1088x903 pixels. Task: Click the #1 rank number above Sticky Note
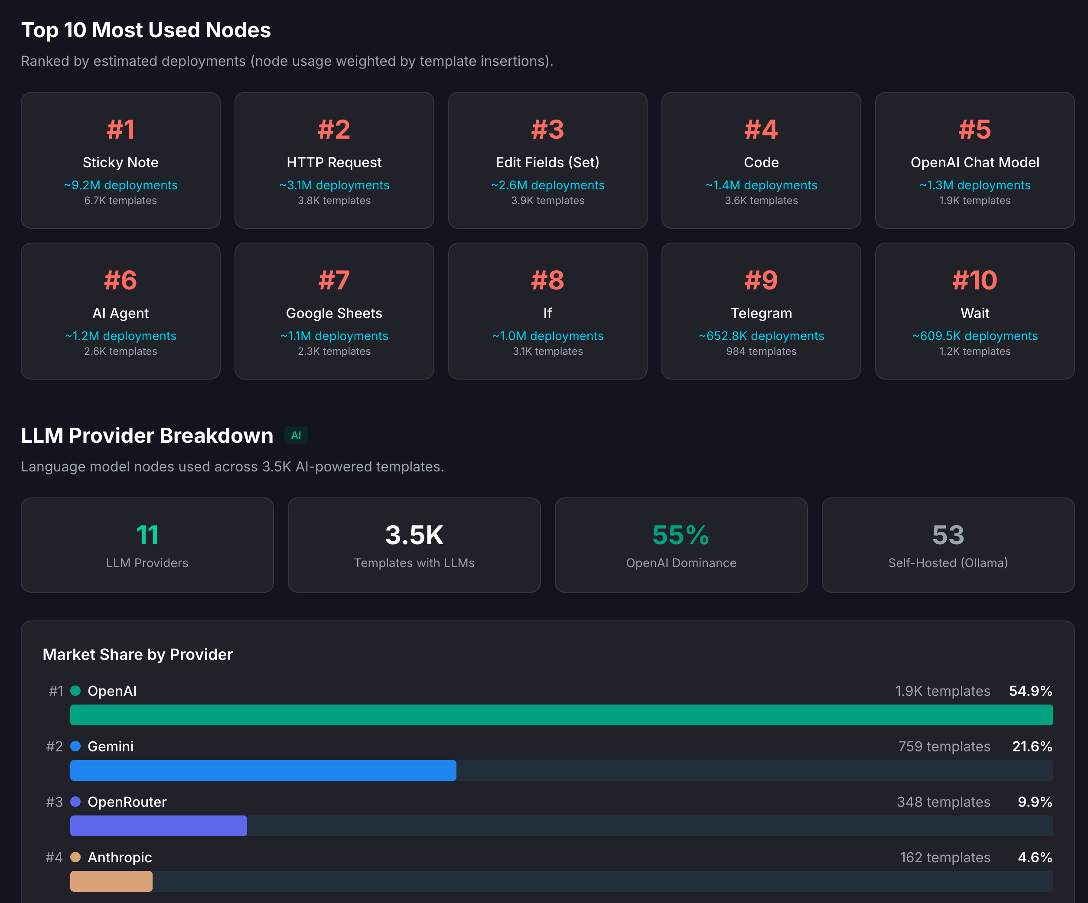point(120,130)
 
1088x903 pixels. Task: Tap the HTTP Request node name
point(334,162)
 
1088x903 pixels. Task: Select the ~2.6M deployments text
point(547,185)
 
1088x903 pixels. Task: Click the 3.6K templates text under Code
point(761,200)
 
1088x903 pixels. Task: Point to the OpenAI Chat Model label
point(974,162)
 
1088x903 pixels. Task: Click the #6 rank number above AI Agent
point(120,280)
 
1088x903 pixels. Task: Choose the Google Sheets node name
point(334,313)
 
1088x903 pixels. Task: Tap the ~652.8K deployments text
point(761,336)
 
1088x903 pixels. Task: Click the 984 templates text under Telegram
point(761,351)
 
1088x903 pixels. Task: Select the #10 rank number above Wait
point(974,280)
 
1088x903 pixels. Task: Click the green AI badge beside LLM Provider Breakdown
point(296,435)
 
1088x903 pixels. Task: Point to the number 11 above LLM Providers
point(147,535)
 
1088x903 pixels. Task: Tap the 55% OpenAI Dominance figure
point(681,535)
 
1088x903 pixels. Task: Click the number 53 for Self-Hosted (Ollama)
point(948,535)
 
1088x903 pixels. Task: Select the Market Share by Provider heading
point(138,654)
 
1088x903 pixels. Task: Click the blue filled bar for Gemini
point(263,770)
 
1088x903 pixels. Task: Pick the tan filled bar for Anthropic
point(111,881)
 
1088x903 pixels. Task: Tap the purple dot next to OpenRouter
point(76,802)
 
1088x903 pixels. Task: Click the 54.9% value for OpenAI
point(1030,691)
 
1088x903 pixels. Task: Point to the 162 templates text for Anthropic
point(945,858)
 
